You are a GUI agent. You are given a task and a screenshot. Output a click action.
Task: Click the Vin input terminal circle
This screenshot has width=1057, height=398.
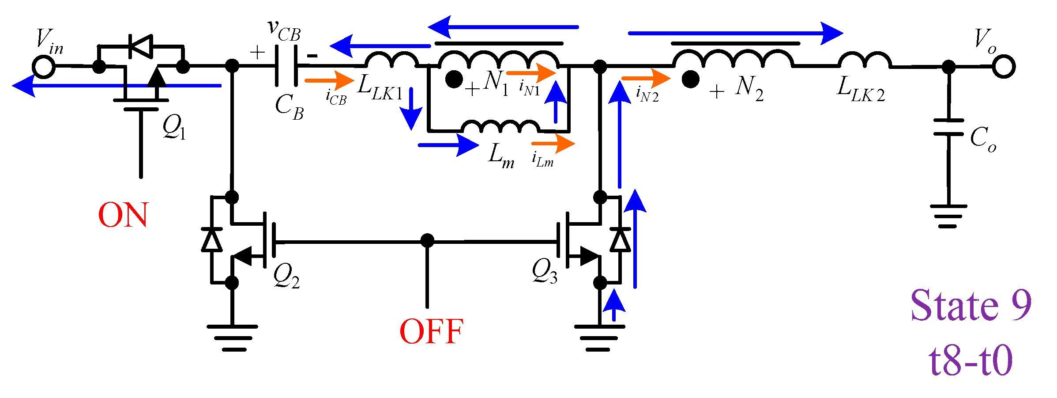click(44, 67)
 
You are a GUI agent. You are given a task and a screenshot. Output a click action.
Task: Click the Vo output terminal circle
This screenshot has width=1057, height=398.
click(1004, 67)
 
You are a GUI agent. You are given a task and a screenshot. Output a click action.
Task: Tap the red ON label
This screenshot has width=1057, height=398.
click(123, 216)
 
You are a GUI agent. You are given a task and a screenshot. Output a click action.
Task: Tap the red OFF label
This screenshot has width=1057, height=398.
click(431, 331)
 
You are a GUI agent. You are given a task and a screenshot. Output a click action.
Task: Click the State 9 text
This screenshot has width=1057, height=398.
click(971, 306)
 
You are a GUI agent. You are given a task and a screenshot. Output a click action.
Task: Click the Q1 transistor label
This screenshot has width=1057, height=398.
click(174, 127)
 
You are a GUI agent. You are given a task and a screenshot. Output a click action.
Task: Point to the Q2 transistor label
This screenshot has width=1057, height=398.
click(286, 276)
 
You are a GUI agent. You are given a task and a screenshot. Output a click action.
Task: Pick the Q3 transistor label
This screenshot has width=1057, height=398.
click(544, 271)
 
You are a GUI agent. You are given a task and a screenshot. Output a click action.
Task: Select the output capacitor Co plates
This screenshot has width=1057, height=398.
click(948, 127)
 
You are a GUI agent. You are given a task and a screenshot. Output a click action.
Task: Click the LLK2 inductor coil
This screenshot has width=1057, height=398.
click(864, 61)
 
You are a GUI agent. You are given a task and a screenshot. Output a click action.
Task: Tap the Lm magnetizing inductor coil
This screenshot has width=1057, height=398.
click(500, 127)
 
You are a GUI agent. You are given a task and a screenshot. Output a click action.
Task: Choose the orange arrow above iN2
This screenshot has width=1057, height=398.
click(646, 78)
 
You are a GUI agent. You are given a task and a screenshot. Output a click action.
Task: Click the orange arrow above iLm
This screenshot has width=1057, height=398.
click(553, 144)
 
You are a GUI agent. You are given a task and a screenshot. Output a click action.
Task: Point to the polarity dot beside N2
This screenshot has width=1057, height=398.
click(690, 80)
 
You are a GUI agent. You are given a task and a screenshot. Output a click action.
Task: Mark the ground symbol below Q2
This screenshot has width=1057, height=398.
click(233, 338)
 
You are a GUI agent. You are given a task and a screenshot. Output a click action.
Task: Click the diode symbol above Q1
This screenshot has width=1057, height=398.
click(141, 46)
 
